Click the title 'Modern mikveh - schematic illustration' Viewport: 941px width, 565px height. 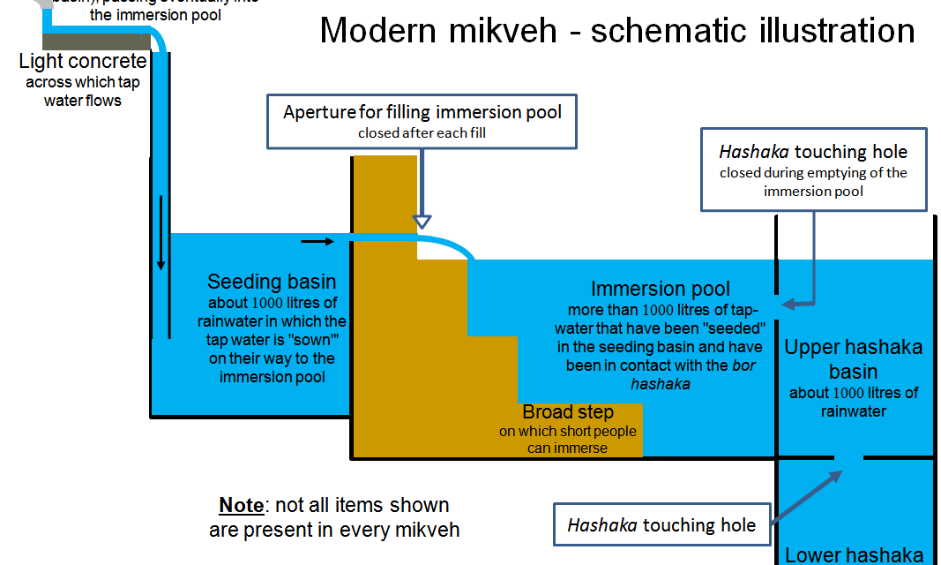tap(616, 30)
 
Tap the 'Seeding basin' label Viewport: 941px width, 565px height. tap(272, 282)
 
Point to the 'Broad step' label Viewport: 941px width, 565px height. tap(568, 412)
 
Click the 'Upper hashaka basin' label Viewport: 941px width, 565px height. tap(854, 358)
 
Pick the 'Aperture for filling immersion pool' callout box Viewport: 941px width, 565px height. tap(422, 121)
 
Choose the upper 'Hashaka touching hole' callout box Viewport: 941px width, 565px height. tap(813, 170)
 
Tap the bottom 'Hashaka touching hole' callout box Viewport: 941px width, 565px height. tap(661, 525)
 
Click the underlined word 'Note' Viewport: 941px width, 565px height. tap(241, 506)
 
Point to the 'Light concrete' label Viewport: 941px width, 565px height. tap(83, 62)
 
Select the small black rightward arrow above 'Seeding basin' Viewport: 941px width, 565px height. tap(317, 240)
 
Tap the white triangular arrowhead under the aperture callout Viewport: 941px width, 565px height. tap(422, 220)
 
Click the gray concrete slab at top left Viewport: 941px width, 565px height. tap(95, 41)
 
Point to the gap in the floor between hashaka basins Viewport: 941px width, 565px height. tap(848, 457)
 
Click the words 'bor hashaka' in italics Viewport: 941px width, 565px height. tap(692, 374)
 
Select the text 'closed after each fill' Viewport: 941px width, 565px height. tap(422, 133)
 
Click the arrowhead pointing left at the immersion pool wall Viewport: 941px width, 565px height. tap(788, 304)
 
